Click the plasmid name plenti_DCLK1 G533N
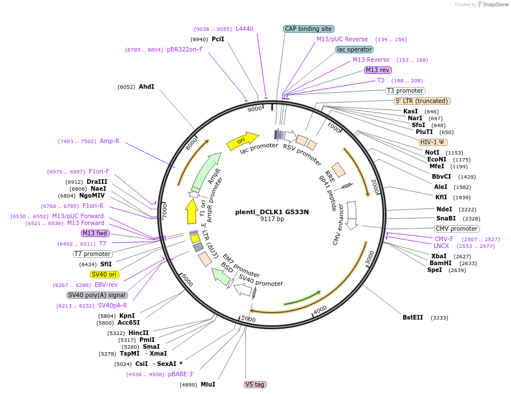[x=272, y=212]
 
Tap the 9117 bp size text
[x=272, y=219]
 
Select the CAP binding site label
[x=309, y=29]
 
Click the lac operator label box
[x=354, y=50]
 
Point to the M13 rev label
[x=377, y=70]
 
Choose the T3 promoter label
[x=405, y=91]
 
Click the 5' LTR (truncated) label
[x=423, y=101]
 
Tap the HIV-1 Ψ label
[x=433, y=142]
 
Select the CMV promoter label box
[x=457, y=229]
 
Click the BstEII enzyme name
[x=413, y=317]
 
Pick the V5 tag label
[x=255, y=384]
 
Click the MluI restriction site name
[x=208, y=384]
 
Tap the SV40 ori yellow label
[x=104, y=275]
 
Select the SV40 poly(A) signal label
[x=97, y=295]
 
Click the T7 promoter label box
[x=92, y=254]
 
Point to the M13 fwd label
[x=95, y=233]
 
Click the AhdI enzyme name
[x=146, y=87]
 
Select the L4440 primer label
[x=244, y=29]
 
